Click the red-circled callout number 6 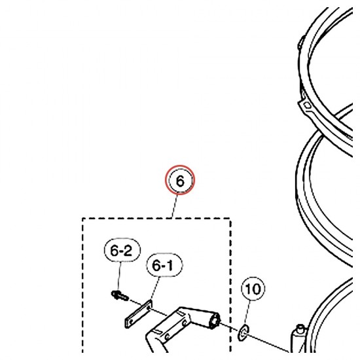pyautogui.click(x=180, y=180)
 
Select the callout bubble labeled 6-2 pyautogui.click(x=122, y=250)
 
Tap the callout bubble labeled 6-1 pyautogui.click(x=164, y=265)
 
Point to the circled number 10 pyautogui.click(x=253, y=289)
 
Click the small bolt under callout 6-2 pyautogui.click(x=120, y=295)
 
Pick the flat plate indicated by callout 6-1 pyautogui.click(x=139, y=314)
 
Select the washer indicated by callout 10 pyautogui.click(x=243, y=333)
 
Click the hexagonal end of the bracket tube pyautogui.click(x=215, y=321)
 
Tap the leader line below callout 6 pyautogui.click(x=175, y=206)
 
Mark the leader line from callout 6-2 pyautogui.click(x=119, y=276)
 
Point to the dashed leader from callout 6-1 pyautogui.click(x=154, y=289)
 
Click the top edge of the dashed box pyautogui.click(x=156, y=219)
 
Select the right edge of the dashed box pyautogui.click(x=230, y=285)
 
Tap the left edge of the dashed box pyautogui.click(x=83, y=285)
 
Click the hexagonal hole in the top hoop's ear pyautogui.click(x=308, y=105)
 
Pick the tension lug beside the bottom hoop pyautogui.click(x=298, y=338)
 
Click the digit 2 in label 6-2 pyautogui.click(x=128, y=250)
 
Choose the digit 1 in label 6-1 pyautogui.click(x=170, y=265)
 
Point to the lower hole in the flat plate pyautogui.click(x=131, y=322)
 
